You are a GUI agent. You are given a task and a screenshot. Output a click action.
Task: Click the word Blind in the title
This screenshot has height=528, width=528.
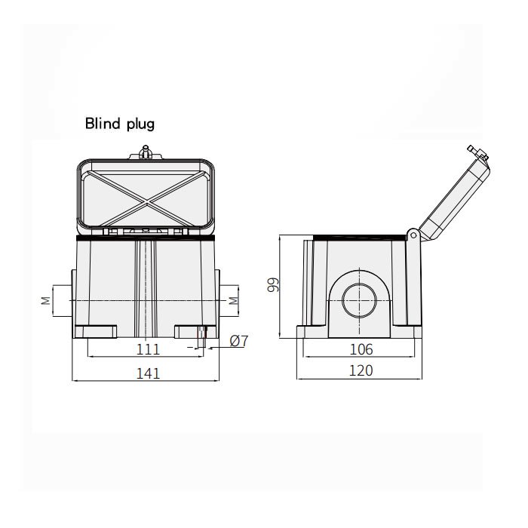[103, 123]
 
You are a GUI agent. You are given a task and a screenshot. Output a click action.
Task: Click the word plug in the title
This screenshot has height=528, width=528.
[140, 124]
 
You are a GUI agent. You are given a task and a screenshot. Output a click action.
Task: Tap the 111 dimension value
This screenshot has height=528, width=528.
[148, 349]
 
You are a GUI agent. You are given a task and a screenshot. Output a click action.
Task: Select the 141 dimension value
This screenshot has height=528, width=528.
[148, 373]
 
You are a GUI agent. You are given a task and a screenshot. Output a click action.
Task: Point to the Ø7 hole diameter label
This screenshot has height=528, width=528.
[239, 341]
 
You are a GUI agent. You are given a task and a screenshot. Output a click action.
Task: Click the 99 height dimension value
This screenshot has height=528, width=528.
[273, 284]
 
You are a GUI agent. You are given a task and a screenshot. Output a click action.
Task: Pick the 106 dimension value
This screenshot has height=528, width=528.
[361, 349]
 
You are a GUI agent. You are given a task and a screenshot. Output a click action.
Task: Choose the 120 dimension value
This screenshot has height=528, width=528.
[361, 370]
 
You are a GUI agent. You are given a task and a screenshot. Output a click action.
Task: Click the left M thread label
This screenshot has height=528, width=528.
[46, 300]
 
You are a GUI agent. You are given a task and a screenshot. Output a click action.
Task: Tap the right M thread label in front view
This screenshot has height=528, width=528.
[233, 300]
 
